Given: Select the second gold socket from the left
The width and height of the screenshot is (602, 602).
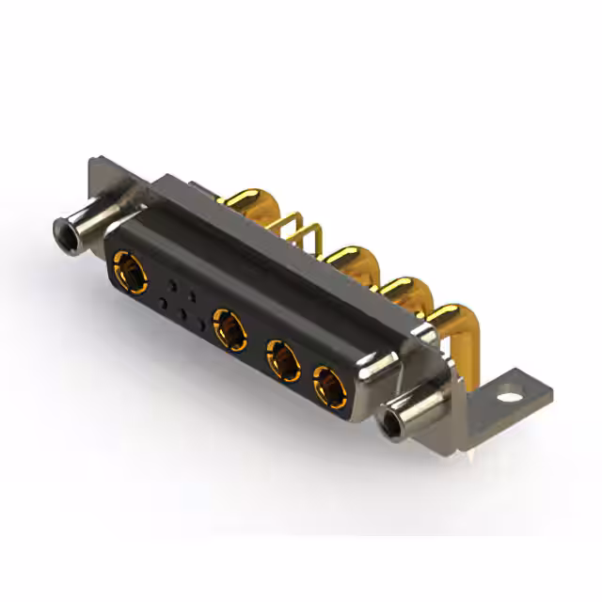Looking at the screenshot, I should (229, 327).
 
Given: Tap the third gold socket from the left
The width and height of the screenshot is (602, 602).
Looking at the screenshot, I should (281, 358).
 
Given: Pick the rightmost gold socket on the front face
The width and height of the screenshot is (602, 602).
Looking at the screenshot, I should (327, 385).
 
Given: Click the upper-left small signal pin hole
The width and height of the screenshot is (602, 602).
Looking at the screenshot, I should (171, 283).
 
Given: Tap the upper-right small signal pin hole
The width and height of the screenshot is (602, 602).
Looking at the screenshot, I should (192, 294).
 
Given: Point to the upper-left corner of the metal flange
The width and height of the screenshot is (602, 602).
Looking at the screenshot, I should (91, 164).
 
